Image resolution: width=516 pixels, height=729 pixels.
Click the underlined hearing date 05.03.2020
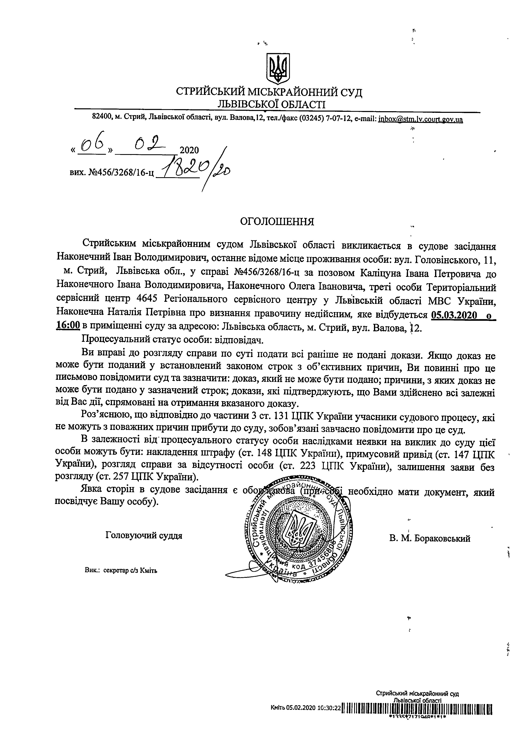(x=454, y=315)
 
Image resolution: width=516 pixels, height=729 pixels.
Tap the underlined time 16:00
(x=67, y=327)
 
